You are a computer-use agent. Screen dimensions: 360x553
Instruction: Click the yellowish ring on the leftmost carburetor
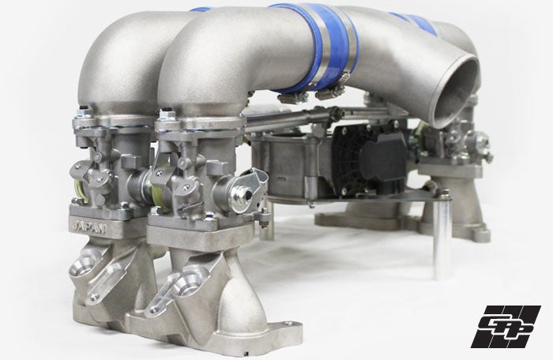tap(80, 185)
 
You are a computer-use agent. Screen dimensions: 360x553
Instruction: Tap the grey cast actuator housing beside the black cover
tap(292, 158)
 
